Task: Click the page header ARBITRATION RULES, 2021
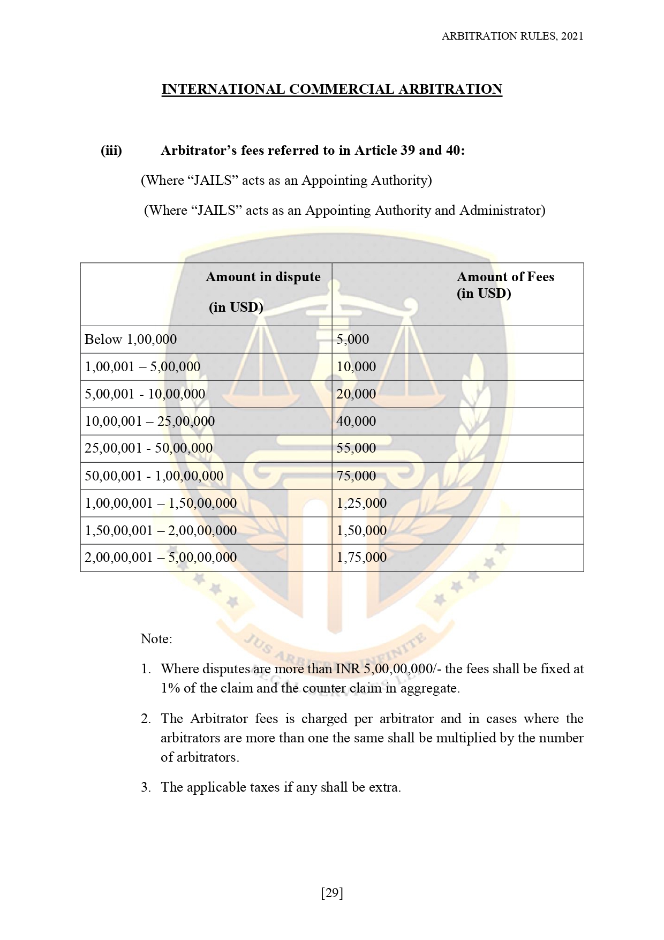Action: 512,36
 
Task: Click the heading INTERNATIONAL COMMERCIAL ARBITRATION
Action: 331,89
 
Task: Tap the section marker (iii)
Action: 111,151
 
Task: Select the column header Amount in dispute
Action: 263,277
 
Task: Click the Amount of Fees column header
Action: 505,277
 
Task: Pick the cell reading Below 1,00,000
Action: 131,340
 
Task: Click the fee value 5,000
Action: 352,340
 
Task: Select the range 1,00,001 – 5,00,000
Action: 142,367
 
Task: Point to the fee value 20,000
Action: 356,394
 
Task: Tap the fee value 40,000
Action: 356,422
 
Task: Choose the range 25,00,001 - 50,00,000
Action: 148,448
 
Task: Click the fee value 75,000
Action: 356,476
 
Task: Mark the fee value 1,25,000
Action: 361,503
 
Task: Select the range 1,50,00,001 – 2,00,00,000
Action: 161,531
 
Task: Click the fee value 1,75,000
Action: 361,558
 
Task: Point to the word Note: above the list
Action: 156,639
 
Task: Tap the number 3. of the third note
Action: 146,787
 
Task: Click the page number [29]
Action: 332,893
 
